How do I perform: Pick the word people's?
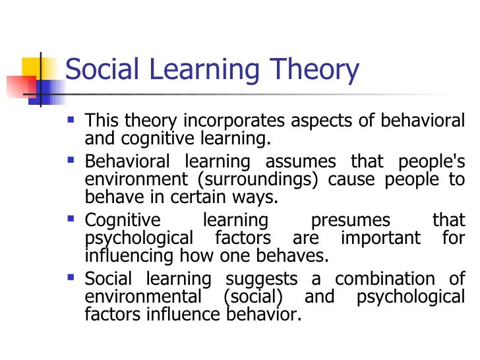point(432,162)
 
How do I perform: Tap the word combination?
point(388,278)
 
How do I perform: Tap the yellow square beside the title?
point(33,68)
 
